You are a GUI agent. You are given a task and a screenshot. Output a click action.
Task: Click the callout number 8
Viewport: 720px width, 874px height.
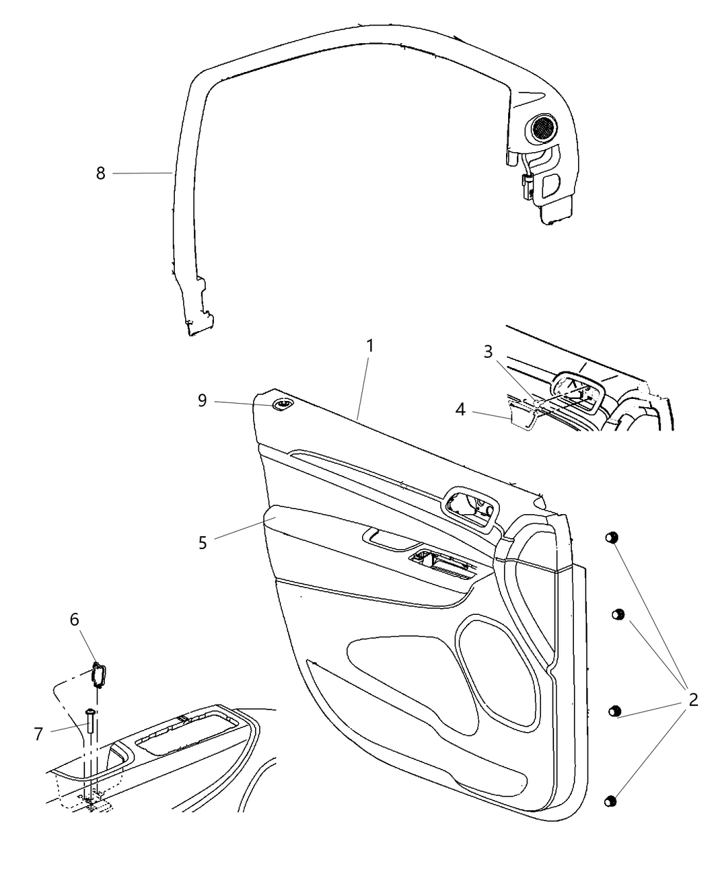click(101, 173)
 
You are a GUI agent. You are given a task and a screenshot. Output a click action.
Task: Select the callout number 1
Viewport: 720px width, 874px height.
click(370, 346)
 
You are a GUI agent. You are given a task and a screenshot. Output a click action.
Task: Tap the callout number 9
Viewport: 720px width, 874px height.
click(202, 400)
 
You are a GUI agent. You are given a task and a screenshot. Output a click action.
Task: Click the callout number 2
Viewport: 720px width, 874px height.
click(693, 700)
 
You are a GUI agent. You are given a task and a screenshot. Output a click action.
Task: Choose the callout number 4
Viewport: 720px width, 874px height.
click(460, 410)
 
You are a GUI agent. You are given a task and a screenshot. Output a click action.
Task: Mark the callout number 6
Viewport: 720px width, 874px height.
click(74, 620)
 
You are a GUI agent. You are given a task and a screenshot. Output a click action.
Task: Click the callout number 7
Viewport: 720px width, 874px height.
click(38, 733)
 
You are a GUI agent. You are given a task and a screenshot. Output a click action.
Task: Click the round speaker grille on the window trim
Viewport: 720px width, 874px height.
click(541, 128)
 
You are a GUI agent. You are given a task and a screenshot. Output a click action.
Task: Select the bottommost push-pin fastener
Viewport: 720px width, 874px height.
click(610, 801)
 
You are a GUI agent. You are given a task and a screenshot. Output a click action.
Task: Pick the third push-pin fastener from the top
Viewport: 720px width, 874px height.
click(614, 711)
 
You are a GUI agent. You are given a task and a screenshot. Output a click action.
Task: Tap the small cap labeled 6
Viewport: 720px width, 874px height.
click(98, 675)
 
